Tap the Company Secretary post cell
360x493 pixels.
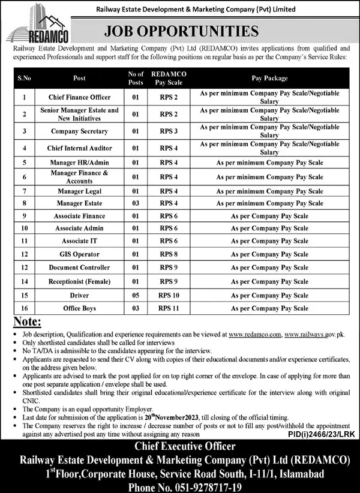pyautogui.click(x=79, y=131)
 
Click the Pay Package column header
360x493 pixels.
pyautogui.click(x=269, y=78)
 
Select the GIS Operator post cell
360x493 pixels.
pyautogui.click(x=79, y=254)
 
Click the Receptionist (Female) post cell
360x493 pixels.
pyautogui.click(x=79, y=281)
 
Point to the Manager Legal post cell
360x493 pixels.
pyautogui.click(x=79, y=190)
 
